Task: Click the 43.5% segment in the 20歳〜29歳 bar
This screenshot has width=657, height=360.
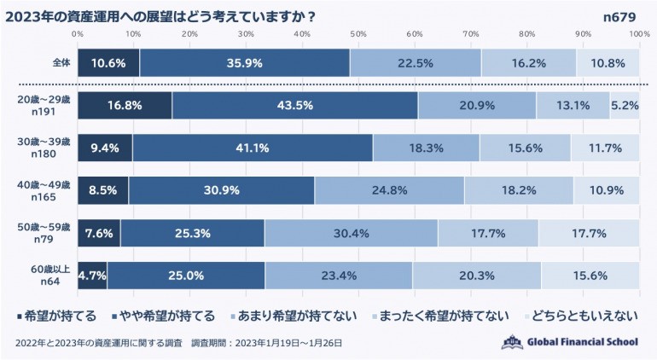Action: pos(295,106)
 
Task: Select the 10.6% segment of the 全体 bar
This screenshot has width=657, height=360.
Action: pos(108,63)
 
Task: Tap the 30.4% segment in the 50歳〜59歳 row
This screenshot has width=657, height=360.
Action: pos(352,232)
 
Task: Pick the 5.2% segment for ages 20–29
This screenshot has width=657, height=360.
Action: pos(625,106)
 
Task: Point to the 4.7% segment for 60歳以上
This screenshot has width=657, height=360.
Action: pos(92,275)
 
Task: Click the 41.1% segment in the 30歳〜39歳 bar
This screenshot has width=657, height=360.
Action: pos(253,148)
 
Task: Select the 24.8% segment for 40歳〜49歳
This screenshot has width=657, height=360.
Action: pos(389,189)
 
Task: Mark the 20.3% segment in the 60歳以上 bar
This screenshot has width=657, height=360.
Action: pos(476,275)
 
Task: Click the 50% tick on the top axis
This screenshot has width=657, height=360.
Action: pos(358,33)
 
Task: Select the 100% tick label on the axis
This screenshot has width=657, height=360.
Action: pos(639,33)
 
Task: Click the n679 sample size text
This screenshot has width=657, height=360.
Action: pos(621,15)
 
